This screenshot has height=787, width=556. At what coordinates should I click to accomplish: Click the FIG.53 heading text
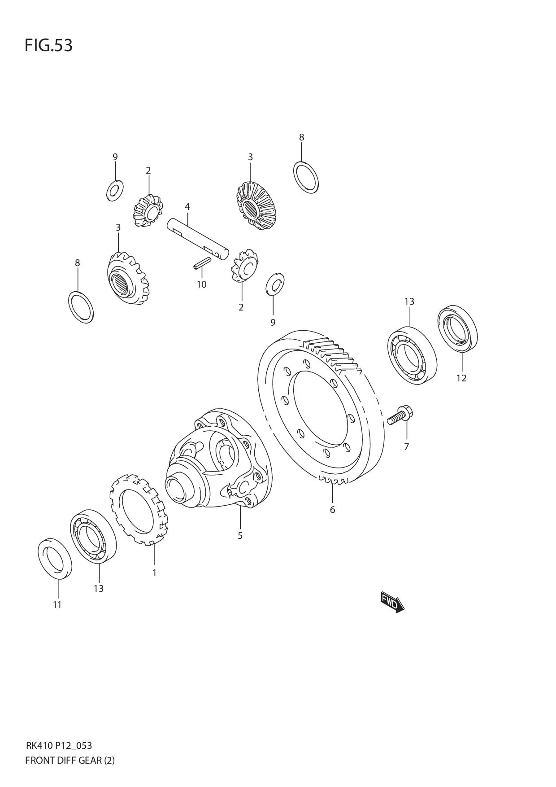(48, 45)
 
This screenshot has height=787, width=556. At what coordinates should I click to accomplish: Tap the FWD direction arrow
(392, 603)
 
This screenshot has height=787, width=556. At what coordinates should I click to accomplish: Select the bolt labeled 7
(400, 415)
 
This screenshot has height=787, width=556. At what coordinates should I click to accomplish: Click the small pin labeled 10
(202, 264)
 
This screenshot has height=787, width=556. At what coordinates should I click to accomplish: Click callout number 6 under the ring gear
(332, 510)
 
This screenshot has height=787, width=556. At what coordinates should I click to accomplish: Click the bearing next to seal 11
(93, 536)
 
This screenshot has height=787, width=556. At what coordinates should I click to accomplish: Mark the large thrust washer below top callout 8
(306, 177)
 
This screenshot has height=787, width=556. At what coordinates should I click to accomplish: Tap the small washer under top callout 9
(115, 191)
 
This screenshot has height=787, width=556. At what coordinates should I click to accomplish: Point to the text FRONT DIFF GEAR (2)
(70, 761)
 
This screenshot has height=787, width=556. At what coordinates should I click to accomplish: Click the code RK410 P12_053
(59, 746)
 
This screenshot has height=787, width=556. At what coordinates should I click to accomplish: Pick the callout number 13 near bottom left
(99, 588)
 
